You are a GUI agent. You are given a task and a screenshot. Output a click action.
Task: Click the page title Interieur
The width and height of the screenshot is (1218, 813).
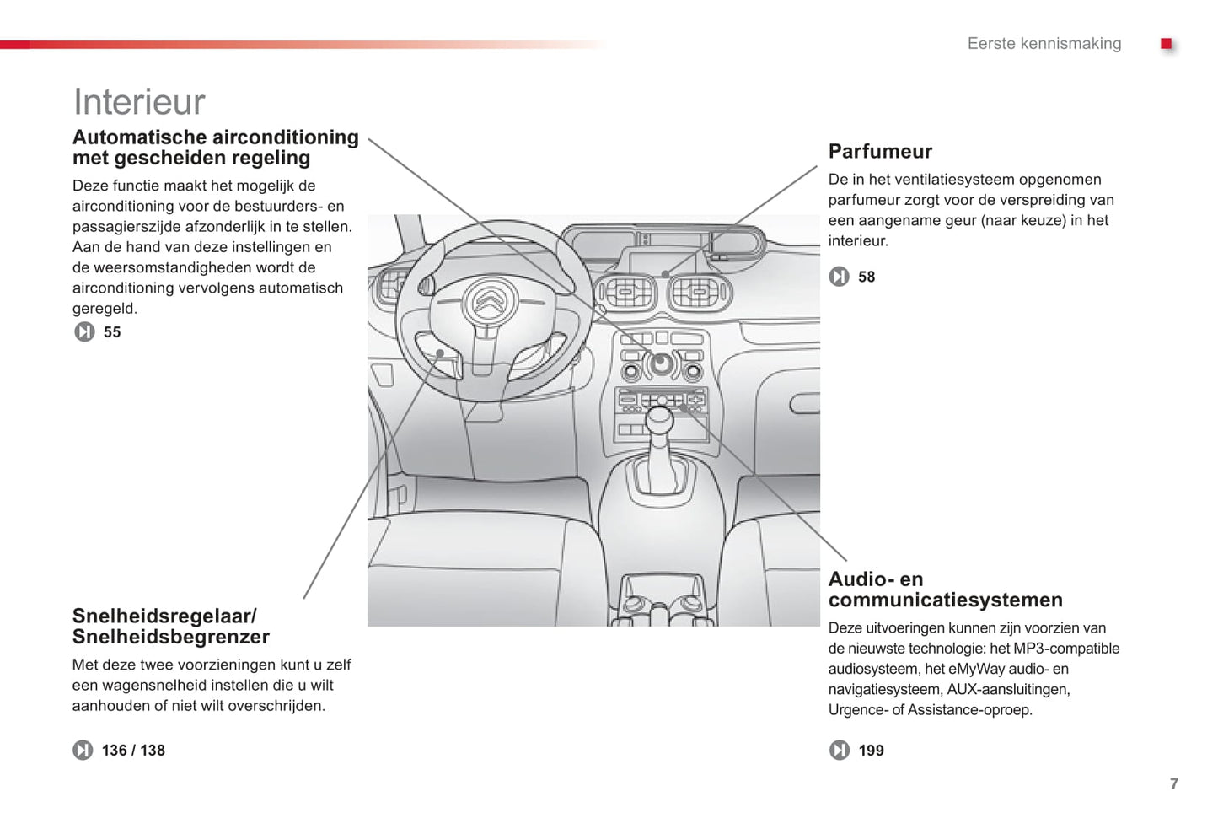pyautogui.click(x=139, y=102)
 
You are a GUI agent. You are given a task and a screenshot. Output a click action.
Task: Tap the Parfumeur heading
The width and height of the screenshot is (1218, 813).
pyautogui.click(x=880, y=152)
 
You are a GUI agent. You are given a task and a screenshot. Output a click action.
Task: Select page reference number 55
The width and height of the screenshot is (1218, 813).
pyautogui.click(x=112, y=332)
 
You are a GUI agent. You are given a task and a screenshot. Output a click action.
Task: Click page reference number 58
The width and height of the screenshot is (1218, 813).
pyautogui.click(x=867, y=277)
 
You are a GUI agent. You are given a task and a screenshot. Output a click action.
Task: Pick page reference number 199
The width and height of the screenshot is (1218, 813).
pyautogui.click(x=871, y=751)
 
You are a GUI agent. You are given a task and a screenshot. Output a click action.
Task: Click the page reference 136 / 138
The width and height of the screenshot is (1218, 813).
pyautogui.click(x=133, y=751)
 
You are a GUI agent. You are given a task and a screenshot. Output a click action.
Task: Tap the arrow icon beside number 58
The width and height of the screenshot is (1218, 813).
pyautogui.click(x=839, y=277)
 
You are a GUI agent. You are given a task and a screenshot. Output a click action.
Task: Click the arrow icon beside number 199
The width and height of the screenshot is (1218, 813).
pyautogui.click(x=840, y=750)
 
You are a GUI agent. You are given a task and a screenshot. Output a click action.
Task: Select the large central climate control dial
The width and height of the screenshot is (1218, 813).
pyautogui.click(x=662, y=364)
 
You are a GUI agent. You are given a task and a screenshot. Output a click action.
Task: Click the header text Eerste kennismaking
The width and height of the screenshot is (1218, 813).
pyautogui.click(x=1044, y=44)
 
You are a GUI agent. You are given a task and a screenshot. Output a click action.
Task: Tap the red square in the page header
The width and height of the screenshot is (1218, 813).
pyautogui.click(x=1167, y=44)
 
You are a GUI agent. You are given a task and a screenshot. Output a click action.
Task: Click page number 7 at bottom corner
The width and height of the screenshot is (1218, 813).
pyautogui.click(x=1174, y=784)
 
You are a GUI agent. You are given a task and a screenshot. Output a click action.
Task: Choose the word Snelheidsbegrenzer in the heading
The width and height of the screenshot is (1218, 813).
pyautogui.click(x=171, y=638)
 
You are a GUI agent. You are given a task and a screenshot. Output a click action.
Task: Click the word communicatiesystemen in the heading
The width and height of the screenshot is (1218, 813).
pyautogui.click(x=945, y=600)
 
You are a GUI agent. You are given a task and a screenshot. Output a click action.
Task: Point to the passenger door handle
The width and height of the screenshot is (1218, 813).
pyautogui.click(x=804, y=404)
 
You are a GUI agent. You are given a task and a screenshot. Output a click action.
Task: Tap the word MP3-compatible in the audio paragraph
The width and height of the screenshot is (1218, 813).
pyautogui.click(x=1066, y=649)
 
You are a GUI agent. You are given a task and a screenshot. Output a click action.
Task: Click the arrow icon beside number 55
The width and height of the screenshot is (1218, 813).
pyautogui.click(x=84, y=332)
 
